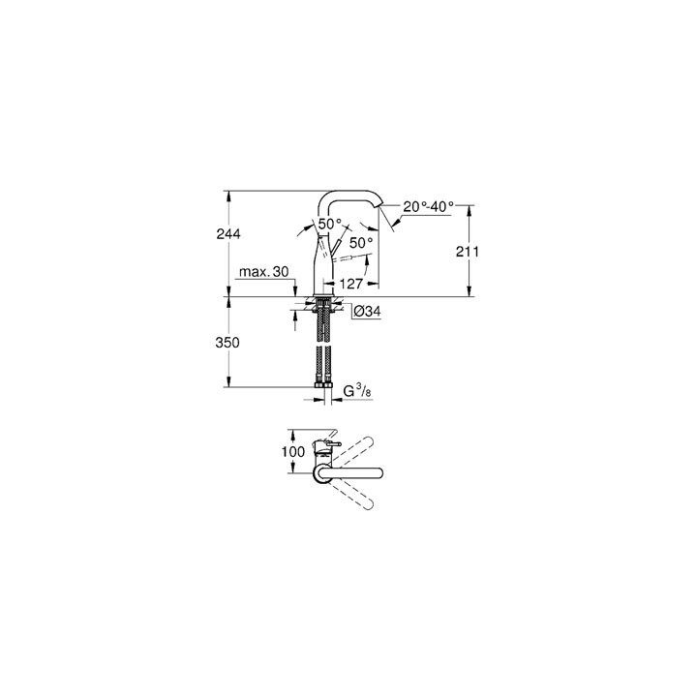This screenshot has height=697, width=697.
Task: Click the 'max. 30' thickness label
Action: point(265,274)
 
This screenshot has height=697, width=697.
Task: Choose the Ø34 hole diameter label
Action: point(365,312)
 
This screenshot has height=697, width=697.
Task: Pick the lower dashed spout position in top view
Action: point(353,497)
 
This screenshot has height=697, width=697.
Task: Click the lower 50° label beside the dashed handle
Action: point(360,243)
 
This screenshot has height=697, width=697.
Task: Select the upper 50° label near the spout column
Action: point(330,224)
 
